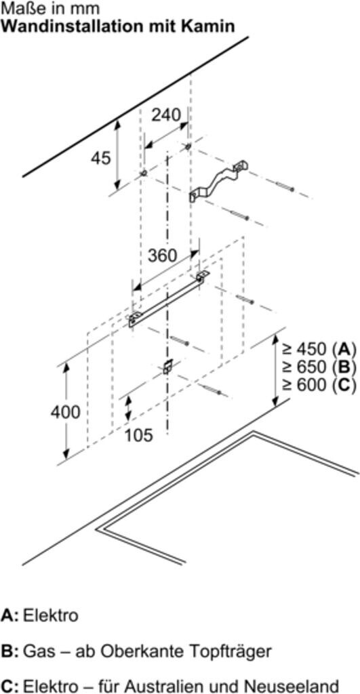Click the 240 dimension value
point(166,115)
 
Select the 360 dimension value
point(162,256)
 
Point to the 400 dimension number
point(65,412)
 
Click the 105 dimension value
point(138,435)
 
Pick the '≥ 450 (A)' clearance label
point(319,349)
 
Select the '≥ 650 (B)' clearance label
point(319,367)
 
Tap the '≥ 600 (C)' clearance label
point(319,385)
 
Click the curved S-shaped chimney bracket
point(219,182)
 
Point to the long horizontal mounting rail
point(169,299)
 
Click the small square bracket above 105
point(167,367)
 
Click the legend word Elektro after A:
point(50,615)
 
